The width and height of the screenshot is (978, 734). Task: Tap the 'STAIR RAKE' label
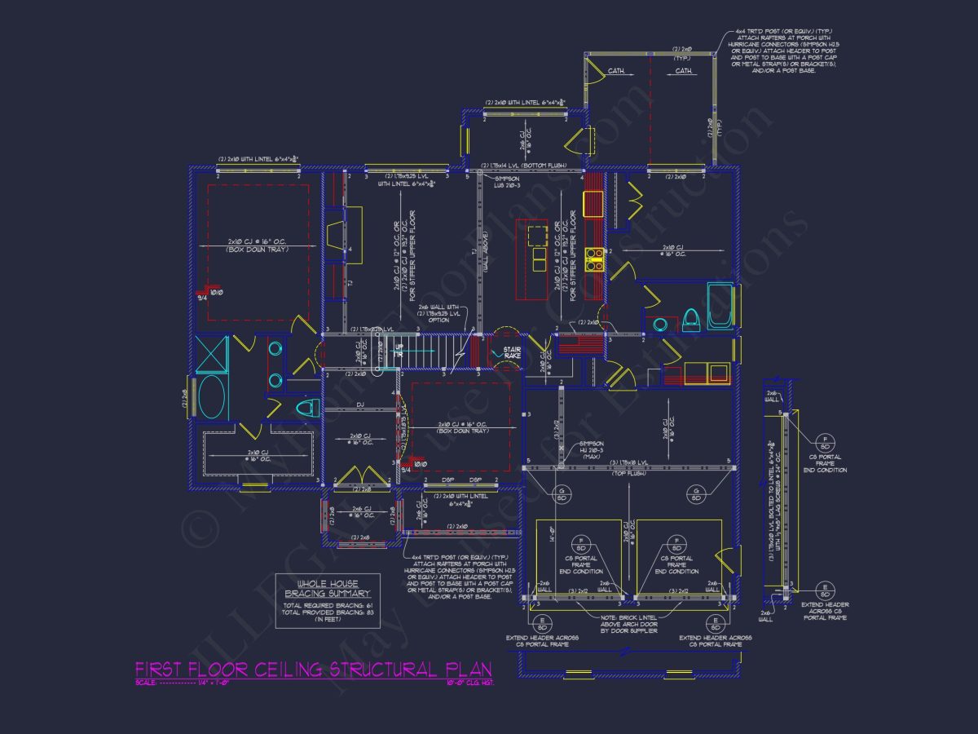512,352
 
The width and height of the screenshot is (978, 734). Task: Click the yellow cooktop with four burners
594,259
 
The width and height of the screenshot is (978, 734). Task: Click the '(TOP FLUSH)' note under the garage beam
628,472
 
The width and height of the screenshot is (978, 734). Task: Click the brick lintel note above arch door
628,624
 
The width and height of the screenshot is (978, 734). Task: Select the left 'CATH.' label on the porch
616,71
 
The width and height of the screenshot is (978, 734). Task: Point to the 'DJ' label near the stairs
359,405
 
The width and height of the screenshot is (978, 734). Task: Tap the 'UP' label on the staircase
399,348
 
